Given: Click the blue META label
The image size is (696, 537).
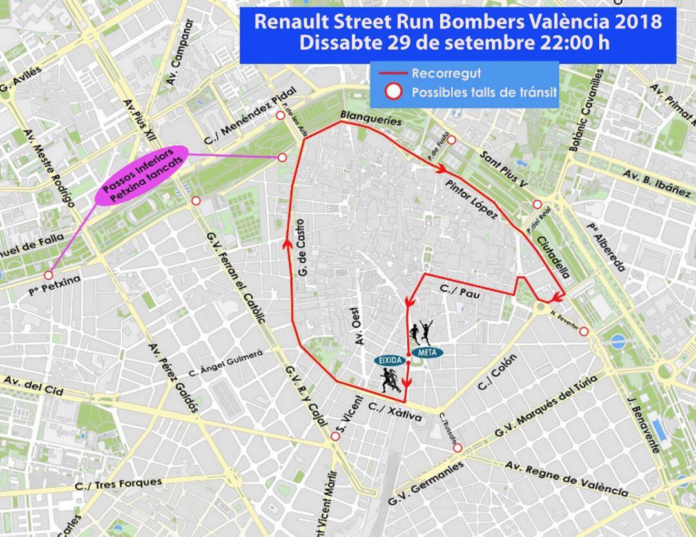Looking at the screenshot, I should pyautogui.click(x=424, y=352).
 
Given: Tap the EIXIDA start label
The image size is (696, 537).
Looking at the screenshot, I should pyautogui.click(x=390, y=360).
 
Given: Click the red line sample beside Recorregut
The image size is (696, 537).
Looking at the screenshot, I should pyautogui.click(x=393, y=73).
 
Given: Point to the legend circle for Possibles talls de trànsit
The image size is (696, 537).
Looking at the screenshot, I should pyautogui.click(x=393, y=92).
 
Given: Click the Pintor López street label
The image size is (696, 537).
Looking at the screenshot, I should pyautogui.click(x=471, y=200).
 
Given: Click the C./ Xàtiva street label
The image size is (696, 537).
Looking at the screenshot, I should pyautogui.click(x=395, y=412).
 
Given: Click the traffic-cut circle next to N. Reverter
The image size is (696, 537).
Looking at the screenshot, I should pyautogui.click(x=584, y=331).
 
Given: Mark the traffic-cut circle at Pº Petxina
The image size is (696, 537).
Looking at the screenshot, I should pyautogui.click(x=48, y=275).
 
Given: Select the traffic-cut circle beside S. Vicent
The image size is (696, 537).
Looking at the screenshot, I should pyautogui.click(x=335, y=437).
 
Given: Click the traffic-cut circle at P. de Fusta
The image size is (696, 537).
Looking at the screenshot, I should pyautogui.click(x=451, y=140).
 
